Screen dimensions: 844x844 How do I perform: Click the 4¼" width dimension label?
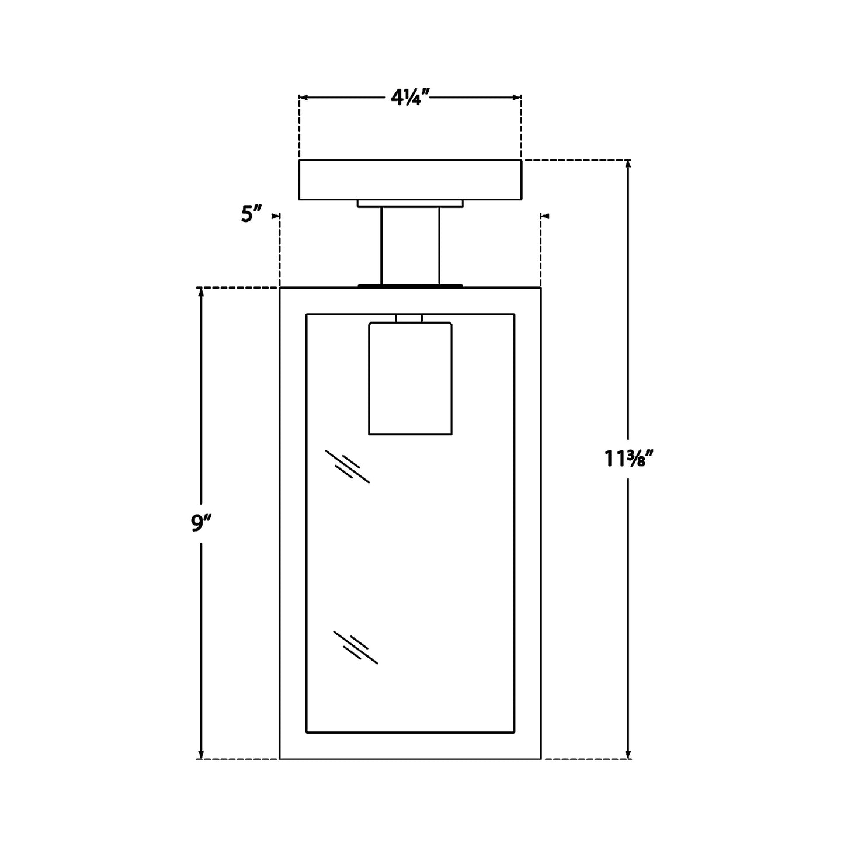coord(410,98)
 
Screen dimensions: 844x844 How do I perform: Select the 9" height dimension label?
coord(200,524)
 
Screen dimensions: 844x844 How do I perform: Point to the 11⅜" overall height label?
coord(628,460)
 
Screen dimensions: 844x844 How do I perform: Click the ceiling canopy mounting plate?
coord(410,179)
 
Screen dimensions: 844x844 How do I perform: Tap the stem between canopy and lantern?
coord(410,245)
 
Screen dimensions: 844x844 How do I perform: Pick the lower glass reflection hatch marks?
coord(356,647)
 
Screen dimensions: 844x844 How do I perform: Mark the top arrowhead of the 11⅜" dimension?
coord(628,165)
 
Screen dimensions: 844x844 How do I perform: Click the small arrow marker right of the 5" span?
coord(546,216)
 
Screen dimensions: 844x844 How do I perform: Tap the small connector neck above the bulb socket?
coord(409,318)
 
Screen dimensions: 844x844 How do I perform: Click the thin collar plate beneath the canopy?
coord(410,203)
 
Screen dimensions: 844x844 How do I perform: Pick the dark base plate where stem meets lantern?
coord(410,286)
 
